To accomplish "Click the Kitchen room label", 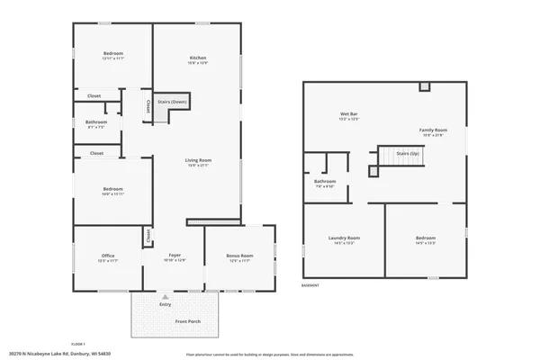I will [197, 58].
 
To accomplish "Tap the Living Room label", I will [197, 159].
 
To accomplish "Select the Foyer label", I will [175, 256].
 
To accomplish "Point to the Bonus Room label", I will [239, 256].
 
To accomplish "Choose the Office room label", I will [108, 256].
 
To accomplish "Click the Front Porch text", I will [187, 321].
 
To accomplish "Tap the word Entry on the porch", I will [165, 304].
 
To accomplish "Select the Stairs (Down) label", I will [172, 103].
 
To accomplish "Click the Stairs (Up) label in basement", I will [409, 154].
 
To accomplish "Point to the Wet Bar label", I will [348, 114].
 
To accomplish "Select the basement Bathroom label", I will [325, 181].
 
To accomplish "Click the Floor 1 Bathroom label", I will [96, 122].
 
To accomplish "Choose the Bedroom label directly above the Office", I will [113, 188].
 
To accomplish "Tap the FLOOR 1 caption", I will [77, 344].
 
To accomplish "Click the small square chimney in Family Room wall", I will [425, 87].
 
